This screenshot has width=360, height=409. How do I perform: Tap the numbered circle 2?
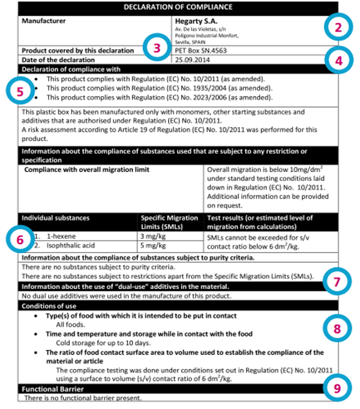pyautogui.click(x=338, y=27)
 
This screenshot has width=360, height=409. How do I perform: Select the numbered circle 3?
pyautogui.click(x=157, y=48)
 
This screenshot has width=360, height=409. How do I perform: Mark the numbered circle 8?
pyautogui.click(x=337, y=328)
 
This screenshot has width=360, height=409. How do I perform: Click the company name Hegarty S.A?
pyautogui.click(x=191, y=21)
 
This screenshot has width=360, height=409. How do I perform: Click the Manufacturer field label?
pyautogui.click(x=43, y=20)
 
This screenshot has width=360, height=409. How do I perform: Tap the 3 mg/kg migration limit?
pyautogui.click(x=154, y=236)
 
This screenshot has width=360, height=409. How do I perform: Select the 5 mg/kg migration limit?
pyautogui.click(x=154, y=245)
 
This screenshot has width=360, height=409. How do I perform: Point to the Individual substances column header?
pyautogui.click(x=55, y=218)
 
